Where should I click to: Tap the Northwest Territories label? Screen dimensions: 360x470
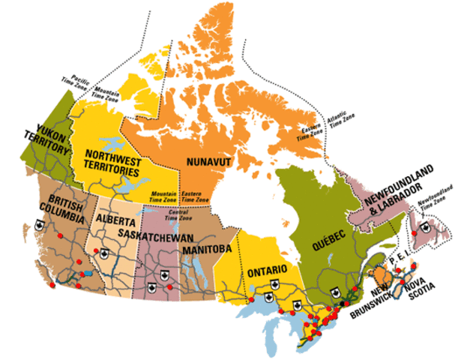click(x=115, y=158)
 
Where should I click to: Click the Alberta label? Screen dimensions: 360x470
click(x=115, y=221)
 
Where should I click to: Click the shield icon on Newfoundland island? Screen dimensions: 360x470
click(x=426, y=226)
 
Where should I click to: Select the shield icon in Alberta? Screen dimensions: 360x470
click(x=104, y=253)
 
